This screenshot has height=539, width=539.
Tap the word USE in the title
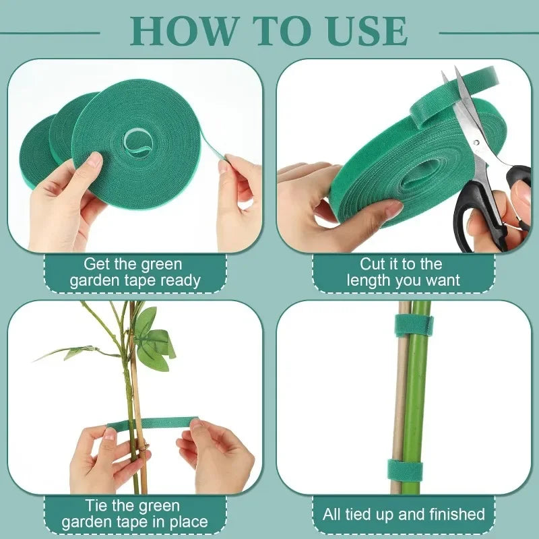pos(367,30)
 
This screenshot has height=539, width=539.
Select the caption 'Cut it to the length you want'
pos(404,273)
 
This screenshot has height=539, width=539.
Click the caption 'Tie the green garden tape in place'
pos(135,514)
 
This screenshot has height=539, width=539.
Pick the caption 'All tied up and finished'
pos(404,515)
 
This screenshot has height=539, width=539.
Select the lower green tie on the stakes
pos(404,470)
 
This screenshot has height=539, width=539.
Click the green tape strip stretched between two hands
pos(152,424)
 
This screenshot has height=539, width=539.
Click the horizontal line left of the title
pos(51,32)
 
